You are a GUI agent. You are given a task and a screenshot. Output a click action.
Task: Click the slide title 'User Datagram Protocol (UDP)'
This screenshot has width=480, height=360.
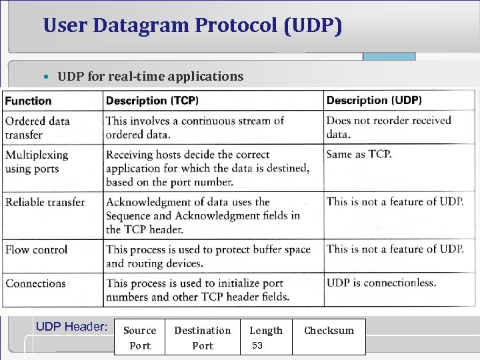pyautogui.click(x=193, y=26)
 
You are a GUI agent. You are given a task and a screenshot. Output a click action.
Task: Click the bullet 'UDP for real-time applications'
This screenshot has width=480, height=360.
pyautogui.click(x=150, y=76)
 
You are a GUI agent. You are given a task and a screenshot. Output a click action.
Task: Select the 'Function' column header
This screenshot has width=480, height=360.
pyautogui.click(x=29, y=101)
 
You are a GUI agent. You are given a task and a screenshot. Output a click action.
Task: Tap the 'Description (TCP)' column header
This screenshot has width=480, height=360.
pyautogui.click(x=152, y=101)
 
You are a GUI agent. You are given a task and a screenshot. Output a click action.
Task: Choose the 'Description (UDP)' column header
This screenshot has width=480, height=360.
pyautogui.click(x=373, y=101)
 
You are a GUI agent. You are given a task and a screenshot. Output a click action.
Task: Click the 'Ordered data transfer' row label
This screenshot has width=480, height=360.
pyautogui.click(x=37, y=127)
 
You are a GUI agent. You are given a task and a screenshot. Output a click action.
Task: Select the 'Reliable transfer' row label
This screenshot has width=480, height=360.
pyautogui.click(x=45, y=201)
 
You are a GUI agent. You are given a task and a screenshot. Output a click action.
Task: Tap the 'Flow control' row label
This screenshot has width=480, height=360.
pyautogui.click(x=37, y=249)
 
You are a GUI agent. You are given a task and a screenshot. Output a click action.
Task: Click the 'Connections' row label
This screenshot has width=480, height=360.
pyautogui.click(x=35, y=283)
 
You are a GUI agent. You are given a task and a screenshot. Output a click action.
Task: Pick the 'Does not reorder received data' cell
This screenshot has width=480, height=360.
pyautogui.click(x=389, y=127)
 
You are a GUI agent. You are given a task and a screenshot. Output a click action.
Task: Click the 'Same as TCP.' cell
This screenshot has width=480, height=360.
pyautogui.click(x=359, y=154)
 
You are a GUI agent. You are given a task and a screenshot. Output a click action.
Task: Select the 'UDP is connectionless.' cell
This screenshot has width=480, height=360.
pyautogui.click(x=381, y=283)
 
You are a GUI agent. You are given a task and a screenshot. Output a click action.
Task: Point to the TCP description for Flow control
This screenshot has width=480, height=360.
pyautogui.click(x=208, y=256)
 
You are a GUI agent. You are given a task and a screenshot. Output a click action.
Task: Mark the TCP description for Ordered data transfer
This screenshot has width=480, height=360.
pyautogui.click(x=195, y=127)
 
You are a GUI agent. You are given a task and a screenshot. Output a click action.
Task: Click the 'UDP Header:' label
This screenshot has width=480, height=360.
pyautogui.click(x=71, y=327)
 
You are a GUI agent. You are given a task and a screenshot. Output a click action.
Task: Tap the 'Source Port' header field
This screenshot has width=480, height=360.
pyautogui.click(x=140, y=337)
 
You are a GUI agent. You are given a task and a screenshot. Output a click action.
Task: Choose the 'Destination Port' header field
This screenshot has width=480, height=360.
pyautogui.click(x=202, y=337)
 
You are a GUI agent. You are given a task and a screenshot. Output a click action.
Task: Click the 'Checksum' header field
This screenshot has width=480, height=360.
pyautogui.click(x=329, y=331)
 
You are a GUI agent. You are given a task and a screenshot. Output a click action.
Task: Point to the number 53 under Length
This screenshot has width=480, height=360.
pyautogui.click(x=257, y=345)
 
